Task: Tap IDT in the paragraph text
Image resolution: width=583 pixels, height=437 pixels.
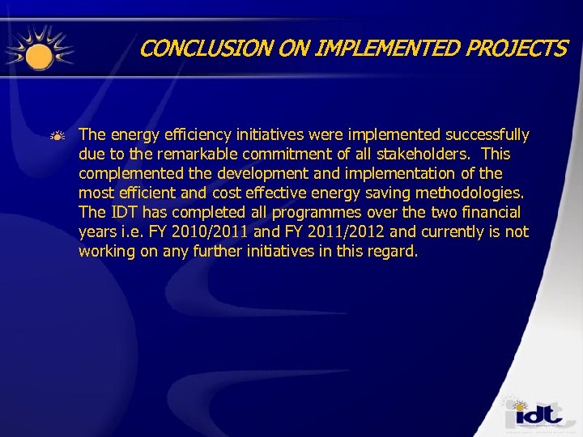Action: [x=119, y=212]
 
